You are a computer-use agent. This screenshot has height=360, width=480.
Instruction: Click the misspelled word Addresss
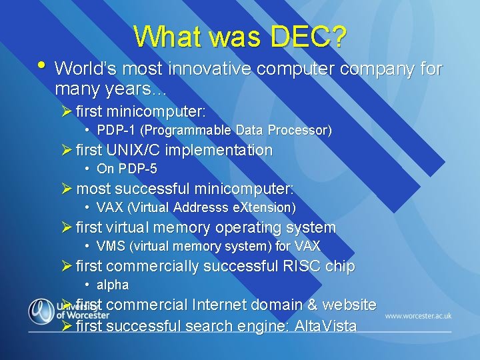[x=198, y=208]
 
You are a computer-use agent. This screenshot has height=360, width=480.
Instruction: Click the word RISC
[x=301, y=267]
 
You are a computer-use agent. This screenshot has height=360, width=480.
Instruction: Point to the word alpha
[x=113, y=285]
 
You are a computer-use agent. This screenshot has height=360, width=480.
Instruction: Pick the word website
[x=349, y=305]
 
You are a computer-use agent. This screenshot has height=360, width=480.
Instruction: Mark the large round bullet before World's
[x=42, y=66]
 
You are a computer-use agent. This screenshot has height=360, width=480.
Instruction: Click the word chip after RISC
[x=340, y=267]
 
